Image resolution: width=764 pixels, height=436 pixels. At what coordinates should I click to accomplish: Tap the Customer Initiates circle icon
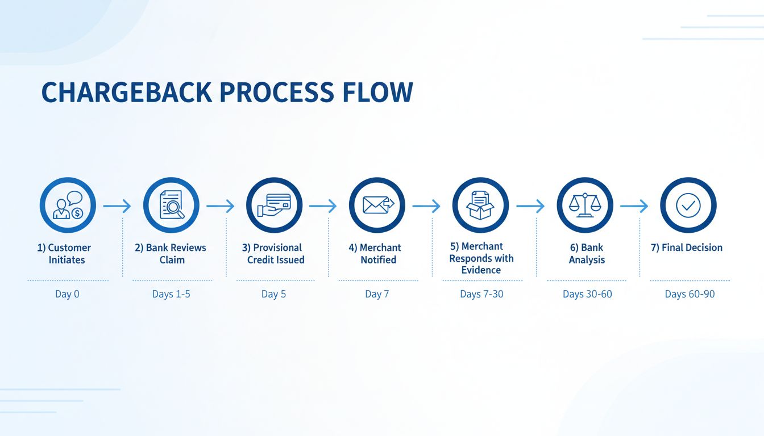tap(68, 206)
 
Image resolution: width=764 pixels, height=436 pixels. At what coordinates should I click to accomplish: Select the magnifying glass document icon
tap(171, 206)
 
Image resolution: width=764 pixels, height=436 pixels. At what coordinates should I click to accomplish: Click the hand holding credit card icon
tap(274, 206)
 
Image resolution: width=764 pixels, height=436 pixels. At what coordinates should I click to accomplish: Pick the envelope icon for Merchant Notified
tap(377, 206)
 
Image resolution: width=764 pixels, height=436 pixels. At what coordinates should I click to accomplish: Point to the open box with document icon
tap(480, 206)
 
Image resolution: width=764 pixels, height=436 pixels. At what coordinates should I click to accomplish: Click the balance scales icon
tap(584, 206)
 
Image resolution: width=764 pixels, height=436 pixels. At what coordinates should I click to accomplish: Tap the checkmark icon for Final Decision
tap(688, 206)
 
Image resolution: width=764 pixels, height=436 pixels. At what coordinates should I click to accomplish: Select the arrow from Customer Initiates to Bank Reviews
tap(118, 206)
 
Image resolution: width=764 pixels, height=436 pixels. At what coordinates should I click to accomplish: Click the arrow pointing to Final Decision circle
tap(634, 206)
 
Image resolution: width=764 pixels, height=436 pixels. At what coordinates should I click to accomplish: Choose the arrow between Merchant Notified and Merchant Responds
tap(426, 206)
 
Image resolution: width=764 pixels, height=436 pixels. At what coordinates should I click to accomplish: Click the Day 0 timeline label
tap(67, 294)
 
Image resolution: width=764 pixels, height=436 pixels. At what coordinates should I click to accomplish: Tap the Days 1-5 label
tap(171, 294)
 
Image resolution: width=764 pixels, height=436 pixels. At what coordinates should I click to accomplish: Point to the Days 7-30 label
tap(481, 294)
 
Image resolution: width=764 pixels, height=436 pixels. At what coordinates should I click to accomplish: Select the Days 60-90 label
tap(690, 294)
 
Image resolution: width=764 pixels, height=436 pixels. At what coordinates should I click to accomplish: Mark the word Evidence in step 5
tap(481, 270)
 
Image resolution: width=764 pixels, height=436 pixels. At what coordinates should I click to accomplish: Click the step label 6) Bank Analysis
tap(587, 254)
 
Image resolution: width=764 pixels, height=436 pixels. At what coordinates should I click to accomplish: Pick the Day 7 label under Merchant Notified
tap(377, 294)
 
